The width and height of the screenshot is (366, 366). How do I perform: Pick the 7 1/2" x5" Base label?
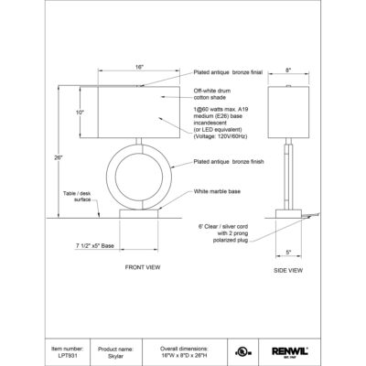[96, 246]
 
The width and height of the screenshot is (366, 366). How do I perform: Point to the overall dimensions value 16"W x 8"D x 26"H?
[191, 354]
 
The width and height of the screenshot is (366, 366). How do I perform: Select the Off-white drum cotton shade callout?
[221, 96]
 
